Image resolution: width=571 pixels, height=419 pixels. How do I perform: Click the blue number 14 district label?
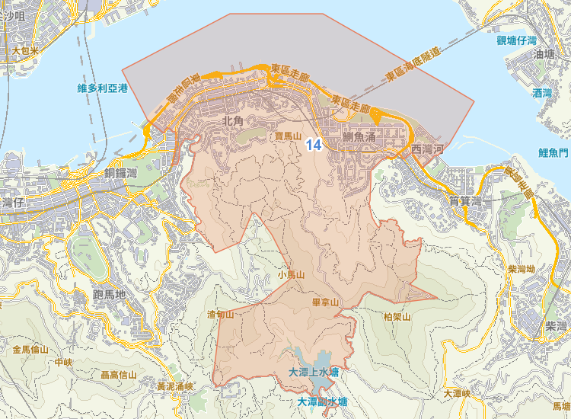click(x=313, y=143)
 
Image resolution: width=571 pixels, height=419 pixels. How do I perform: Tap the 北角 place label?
click(x=232, y=120)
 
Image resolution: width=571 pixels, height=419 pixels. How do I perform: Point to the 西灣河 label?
click(x=426, y=149)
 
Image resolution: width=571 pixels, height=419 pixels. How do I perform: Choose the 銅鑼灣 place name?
click(x=126, y=173)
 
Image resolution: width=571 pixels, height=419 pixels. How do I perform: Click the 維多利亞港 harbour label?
click(x=103, y=88)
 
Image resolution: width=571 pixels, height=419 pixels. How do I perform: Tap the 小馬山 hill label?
click(x=291, y=274)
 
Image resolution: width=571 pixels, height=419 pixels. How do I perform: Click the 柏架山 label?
click(x=397, y=316)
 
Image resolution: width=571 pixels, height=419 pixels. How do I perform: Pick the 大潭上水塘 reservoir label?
click(x=314, y=372)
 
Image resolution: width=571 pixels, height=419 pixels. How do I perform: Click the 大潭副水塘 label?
click(x=322, y=401)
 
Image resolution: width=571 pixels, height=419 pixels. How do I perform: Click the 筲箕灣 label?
click(x=466, y=201)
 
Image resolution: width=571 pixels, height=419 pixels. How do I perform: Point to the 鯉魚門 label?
click(x=553, y=152)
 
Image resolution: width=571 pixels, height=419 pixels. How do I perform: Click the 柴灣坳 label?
click(x=521, y=270)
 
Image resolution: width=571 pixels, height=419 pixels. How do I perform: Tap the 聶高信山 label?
click(x=119, y=375)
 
